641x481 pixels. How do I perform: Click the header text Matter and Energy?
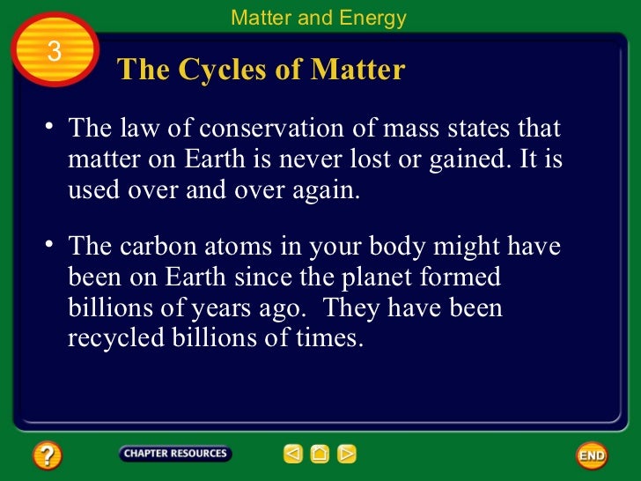tap(318, 18)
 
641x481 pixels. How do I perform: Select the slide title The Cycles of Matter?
tap(261, 70)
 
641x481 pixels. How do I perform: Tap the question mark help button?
tap(47, 455)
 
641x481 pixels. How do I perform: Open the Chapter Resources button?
tap(175, 454)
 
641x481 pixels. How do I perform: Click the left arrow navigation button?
tap(293, 455)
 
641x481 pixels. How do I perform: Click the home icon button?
tap(320, 455)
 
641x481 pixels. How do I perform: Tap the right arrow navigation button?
tap(347, 455)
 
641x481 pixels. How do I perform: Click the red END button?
tap(592, 455)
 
